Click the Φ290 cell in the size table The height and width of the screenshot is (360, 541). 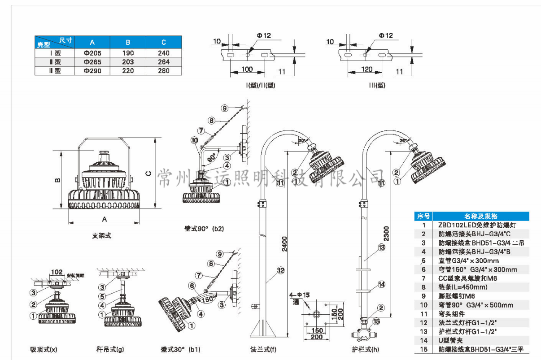pyautogui.click(x=92, y=71)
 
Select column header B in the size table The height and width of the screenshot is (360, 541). pyautogui.click(x=128, y=42)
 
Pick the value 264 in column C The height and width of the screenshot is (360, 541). pyautogui.click(x=164, y=62)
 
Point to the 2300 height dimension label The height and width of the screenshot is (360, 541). pyautogui.click(x=386, y=233)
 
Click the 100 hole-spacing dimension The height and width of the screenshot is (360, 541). pyautogui.click(x=247, y=69)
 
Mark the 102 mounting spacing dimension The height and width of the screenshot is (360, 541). pyautogui.click(x=57, y=272)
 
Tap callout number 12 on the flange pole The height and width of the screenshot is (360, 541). pyautogui.click(x=281, y=270)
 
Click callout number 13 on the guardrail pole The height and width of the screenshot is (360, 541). pyautogui.click(x=381, y=247)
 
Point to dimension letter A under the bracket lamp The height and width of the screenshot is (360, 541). pyautogui.click(x=105, y=219)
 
